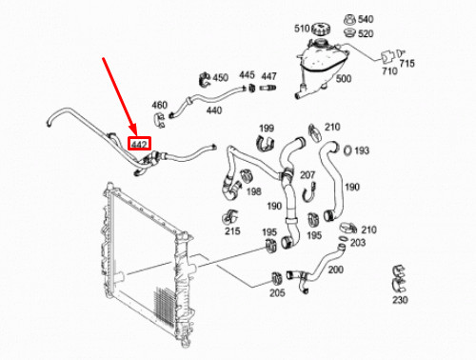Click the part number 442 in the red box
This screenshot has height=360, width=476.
[139, 144]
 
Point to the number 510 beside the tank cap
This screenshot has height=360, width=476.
[301, 28]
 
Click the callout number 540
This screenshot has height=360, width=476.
[366, 19]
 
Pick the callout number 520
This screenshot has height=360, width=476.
[366, 33]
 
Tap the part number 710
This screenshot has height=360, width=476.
[389, 72]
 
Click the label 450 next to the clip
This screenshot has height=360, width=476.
[220, 77]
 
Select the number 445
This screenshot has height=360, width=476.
[247, 75]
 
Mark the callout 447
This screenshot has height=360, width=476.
[269, 75]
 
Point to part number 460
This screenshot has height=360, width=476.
[160, 105]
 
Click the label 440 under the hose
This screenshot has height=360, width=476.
[213, 110]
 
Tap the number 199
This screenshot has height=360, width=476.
[266, 128]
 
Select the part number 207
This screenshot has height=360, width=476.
[307, 175]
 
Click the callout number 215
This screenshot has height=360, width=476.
[232, 230]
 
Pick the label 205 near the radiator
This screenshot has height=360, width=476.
[277, 292]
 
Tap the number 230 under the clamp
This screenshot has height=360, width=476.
[399, 300]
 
